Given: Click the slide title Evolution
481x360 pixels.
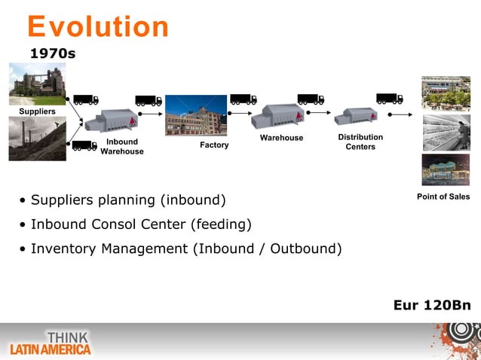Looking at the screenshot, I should point(98,27).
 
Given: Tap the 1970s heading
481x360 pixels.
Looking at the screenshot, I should point(52,54).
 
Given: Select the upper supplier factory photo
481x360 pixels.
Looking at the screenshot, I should point(37,83).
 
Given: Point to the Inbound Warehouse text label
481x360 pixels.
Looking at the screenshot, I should point(121,147).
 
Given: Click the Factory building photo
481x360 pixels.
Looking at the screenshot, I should point(195,115).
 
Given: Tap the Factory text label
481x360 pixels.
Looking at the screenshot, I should point(214,145).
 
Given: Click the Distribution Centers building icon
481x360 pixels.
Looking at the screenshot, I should point(355,116).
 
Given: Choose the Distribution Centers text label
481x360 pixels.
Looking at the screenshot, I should point(360,142).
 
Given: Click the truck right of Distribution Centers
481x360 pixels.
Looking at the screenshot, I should point(389,99).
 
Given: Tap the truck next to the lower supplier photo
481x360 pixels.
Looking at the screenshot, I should point(84,145).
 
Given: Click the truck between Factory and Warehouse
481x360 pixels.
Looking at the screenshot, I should point(243,99).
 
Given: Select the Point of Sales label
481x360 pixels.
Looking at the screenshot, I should point(443,197).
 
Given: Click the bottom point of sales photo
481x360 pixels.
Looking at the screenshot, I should point(446,169).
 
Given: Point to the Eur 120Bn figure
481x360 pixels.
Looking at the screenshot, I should point(432,305).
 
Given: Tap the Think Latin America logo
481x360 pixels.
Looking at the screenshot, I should point(51,343).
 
